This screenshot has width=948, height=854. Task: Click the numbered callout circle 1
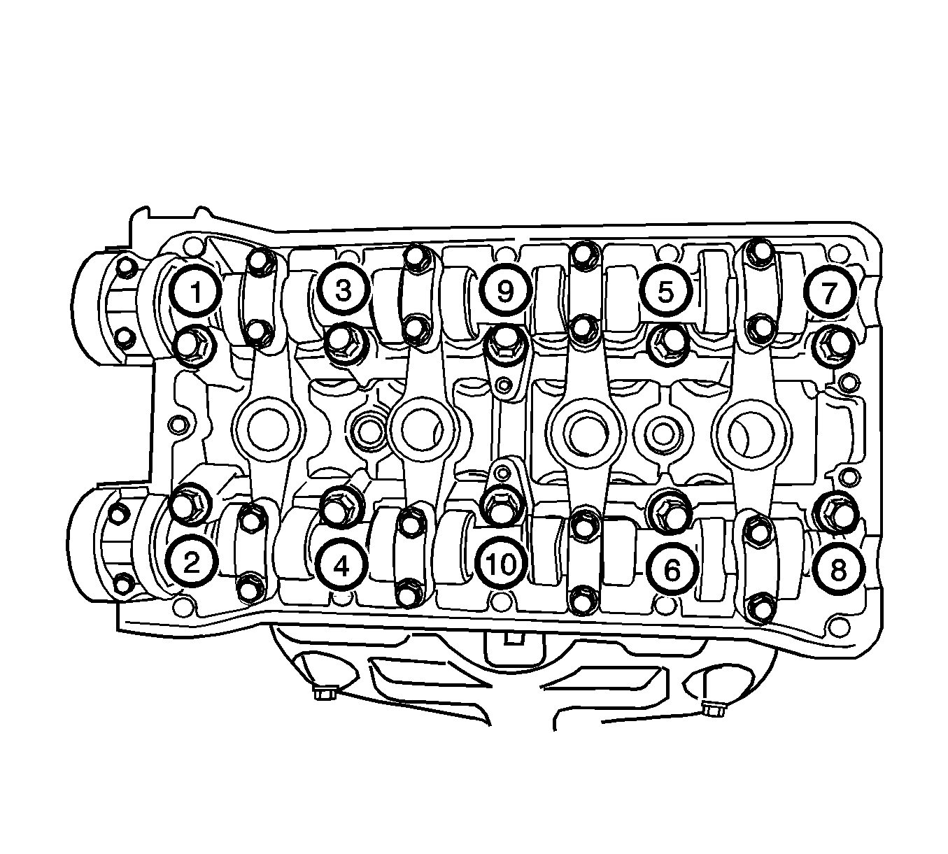pos(196,292)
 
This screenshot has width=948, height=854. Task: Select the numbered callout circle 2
pos(191,562)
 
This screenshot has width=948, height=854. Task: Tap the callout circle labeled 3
pos(343,290)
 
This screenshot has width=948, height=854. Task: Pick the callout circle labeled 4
pos(341,565)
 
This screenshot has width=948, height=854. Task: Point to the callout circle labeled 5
pos(665,292)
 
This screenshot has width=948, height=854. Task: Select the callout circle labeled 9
pos(505,291)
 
